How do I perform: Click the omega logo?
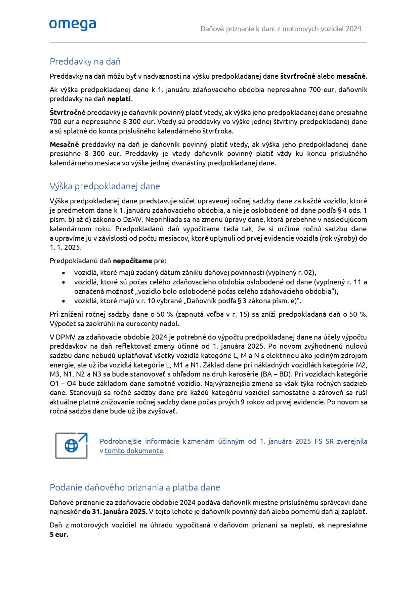tap(73, 25)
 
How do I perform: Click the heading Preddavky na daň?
tap(85, 62)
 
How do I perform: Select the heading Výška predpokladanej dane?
tap(105, 186)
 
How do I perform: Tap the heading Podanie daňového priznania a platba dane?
tap(135, 487)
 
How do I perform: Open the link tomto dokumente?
tap(134, 451)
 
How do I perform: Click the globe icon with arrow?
tap(71, 445)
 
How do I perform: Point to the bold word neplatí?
tap(119, 99)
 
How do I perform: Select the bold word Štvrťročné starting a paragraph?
tap(68, 113)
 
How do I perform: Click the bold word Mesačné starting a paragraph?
tap(64, 145)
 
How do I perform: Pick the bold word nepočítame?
tap(132, 261)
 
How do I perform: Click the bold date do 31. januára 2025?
tap(115, 512)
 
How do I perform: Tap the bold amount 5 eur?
tap(59, 535)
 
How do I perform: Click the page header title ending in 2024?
tap(281, 29)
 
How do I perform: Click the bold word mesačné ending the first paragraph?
tap(351, 76)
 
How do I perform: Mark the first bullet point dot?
tap(63, 273)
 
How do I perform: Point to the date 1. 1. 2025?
tap(66, 247)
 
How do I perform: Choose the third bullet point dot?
tap(63, 301)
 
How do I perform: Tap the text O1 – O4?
tap(65, 384)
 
